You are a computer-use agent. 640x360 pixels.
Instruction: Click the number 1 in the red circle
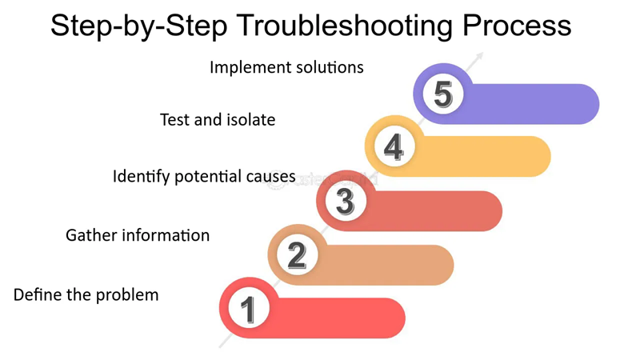(x=248, y=308)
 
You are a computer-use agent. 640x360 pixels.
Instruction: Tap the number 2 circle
(x=297, y=255)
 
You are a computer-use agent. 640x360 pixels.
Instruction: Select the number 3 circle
(x=345, y=201)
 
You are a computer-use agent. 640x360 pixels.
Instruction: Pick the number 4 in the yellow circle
(x=394, y=147)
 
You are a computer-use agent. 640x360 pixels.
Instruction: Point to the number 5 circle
(x=442, y=94)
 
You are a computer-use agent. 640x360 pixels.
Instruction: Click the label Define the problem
(x=86, y=295)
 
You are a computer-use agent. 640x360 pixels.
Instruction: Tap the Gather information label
(x=138, y=235)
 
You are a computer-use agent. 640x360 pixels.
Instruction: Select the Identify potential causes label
(x=204, y=176)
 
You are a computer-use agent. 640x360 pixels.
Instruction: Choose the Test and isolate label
(x=218, y=120)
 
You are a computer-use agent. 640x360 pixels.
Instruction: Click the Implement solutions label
(x=286, y=67)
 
